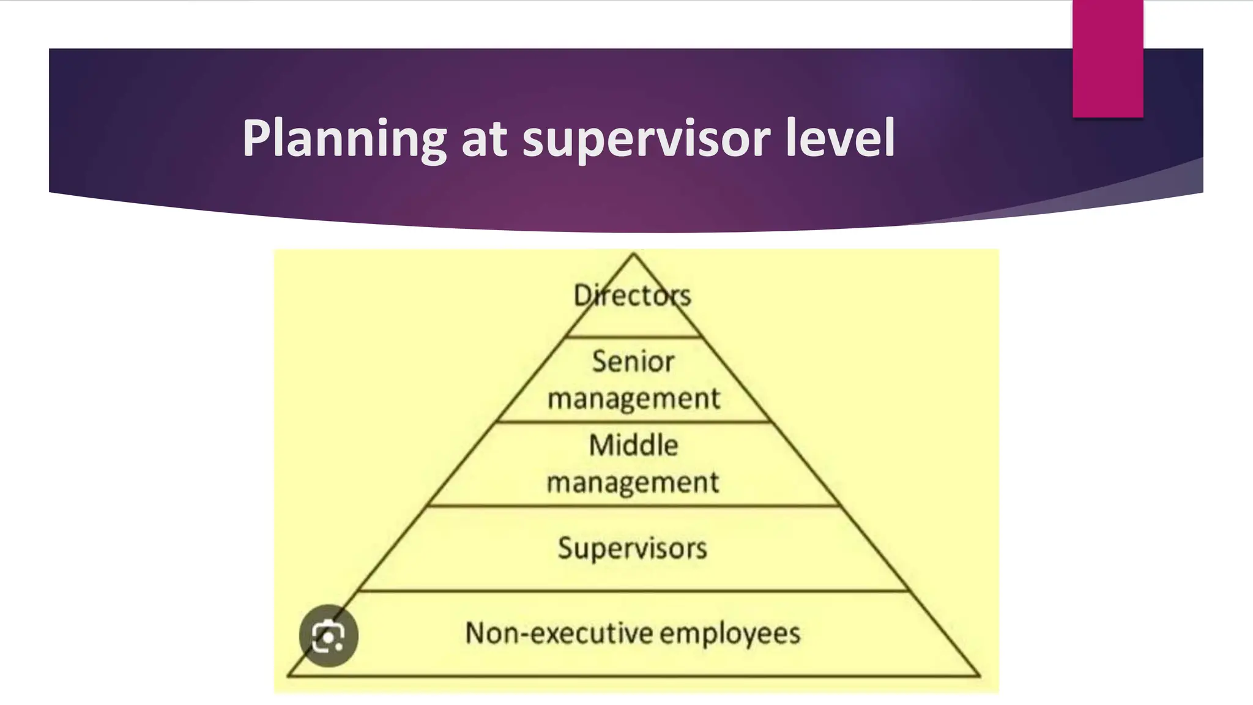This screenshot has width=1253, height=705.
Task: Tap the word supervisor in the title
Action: (x=645, y=139)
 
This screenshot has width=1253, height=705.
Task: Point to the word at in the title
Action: (x=484, y=139)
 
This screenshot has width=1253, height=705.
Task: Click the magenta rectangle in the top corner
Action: (x=1107, y=58)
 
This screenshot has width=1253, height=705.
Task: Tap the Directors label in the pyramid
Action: (x=633, y=296)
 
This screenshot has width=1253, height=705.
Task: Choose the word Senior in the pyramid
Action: (x=633, y=361)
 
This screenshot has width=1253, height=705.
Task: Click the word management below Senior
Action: (x=634, y=399)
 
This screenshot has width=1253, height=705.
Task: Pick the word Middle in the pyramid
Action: (x=634, y=445)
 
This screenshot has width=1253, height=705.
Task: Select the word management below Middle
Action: (x=633, y=483)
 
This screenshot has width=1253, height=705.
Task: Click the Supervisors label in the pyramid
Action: (x=633, y=548)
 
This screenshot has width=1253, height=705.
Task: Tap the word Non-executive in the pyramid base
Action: (x=559, y=633)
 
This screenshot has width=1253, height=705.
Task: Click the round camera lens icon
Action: (x=329, y=636)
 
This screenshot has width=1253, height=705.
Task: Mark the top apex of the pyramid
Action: (x=634, y=253)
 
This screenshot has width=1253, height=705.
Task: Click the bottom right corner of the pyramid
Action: (x=979, y=676)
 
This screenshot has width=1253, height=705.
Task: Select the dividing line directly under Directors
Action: (x=634, y=337)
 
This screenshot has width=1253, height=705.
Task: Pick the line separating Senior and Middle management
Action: (x=634, y=422)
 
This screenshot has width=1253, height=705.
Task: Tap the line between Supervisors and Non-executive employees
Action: (x=634, y=591)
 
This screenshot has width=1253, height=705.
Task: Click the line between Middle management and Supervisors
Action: (x=634, y=506)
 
